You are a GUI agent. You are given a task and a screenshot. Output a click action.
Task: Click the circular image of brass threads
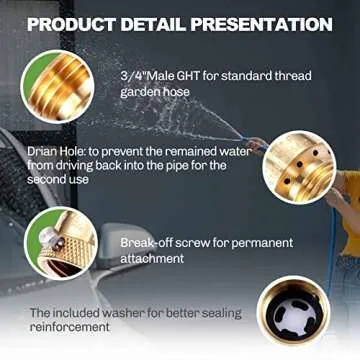coord(59,88)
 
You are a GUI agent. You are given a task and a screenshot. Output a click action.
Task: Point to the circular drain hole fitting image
coord(299,163)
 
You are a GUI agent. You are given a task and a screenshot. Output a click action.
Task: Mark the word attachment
coord(153,258)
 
